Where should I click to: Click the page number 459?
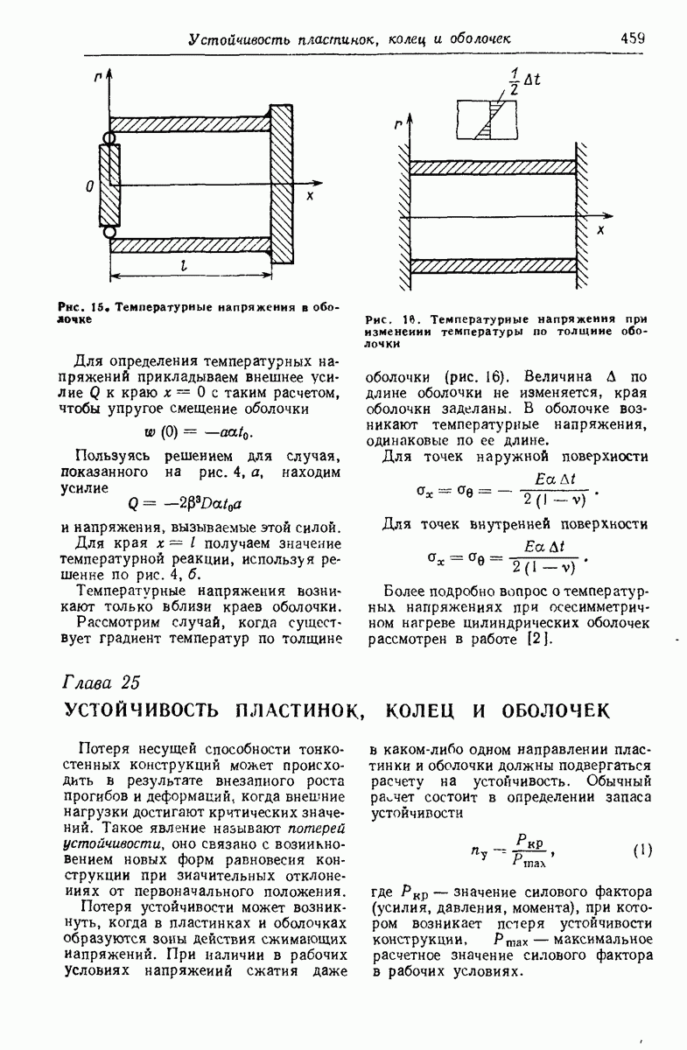(632, 38)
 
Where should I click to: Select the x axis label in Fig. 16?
(600, 230)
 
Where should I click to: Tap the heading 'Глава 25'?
(102, 682)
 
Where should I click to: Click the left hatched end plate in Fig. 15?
(108, 185)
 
